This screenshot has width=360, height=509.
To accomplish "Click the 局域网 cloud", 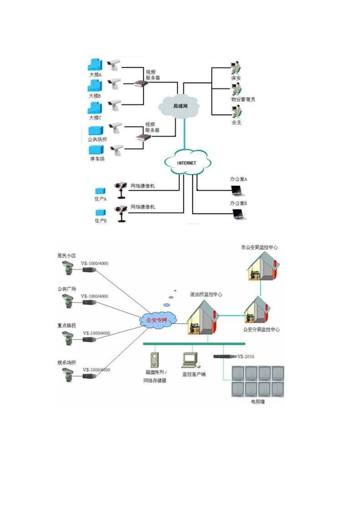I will pos(180,106).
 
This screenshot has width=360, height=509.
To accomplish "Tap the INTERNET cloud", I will pos(187,163).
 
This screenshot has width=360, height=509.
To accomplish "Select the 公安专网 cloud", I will pos(157,320).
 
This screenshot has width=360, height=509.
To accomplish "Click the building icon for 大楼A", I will pos(95,65).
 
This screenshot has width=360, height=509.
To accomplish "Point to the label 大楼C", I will pos(95,118).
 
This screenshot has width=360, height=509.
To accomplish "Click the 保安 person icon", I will pos(236,69).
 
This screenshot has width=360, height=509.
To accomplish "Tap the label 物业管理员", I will pos(243,99).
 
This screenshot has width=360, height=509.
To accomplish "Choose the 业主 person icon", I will pos(236,111).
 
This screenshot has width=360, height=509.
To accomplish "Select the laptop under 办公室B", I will pos(239,214).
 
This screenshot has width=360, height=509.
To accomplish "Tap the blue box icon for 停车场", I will pos(96,150).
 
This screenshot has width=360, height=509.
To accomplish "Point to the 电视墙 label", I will pos(258,401).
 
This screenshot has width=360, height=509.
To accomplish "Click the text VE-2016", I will pos(246,356).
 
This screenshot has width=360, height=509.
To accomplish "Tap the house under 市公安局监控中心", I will pos(263,267).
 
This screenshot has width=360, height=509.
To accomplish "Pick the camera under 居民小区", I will pos(68,268).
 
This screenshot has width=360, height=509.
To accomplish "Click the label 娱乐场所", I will pos(67,362).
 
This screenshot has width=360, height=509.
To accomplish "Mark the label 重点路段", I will pos(67,325).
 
